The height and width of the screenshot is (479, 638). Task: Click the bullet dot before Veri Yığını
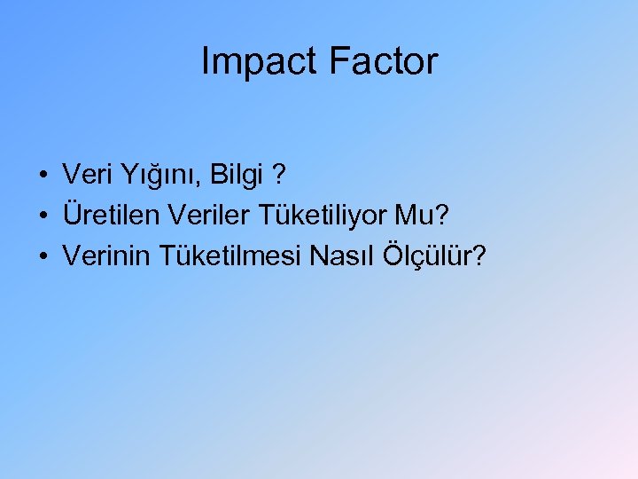pyautogui.click(x=43, y=177)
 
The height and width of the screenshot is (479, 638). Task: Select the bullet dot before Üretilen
pyautogui.click(x=43, y=216)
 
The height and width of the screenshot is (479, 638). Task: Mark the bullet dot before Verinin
pyautogui.click(x=43, y=256)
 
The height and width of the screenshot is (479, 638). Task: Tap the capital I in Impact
pyautogui.click(x=206, y=62)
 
